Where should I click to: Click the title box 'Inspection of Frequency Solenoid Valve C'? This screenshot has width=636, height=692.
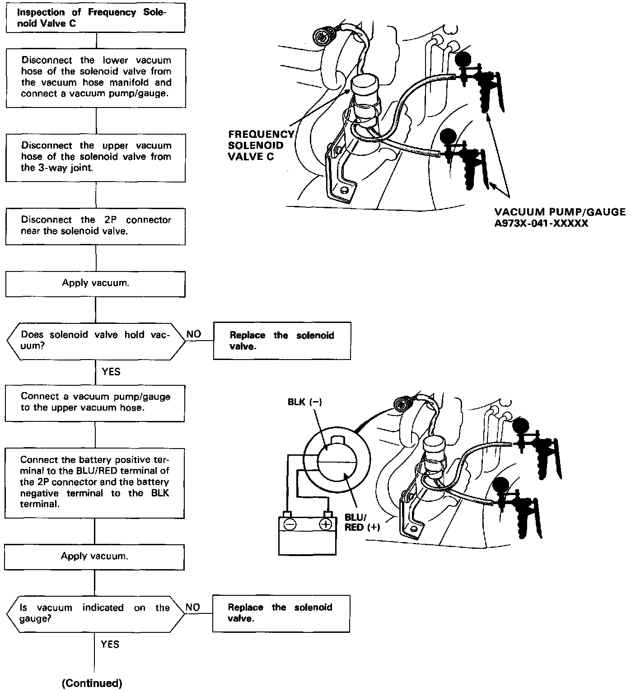(95, 18)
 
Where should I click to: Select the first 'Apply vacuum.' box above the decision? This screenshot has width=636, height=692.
(95, 284)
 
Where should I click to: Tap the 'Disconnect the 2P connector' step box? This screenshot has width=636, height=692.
(95, 226)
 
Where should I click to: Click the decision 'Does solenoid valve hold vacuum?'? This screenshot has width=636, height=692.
(95, 341)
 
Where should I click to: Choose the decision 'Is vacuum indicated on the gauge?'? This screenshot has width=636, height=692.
(95, 613)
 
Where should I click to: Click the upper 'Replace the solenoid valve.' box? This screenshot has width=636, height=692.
(282, 341)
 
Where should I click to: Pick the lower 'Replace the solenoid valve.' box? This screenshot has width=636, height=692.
(281, 613)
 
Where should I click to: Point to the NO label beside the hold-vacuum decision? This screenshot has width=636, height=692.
(194, 335)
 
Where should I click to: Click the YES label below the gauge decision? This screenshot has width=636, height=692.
(110, 644)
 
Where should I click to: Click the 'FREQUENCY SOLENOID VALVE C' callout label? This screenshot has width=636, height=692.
(260, 145)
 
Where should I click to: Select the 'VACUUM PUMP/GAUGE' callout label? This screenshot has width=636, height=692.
(560, 212)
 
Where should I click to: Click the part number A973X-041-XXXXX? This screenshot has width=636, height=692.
(541, 223)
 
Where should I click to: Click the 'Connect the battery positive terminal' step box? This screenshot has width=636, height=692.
(94, 482)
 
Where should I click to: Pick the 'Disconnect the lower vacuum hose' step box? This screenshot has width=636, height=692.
(95, 77)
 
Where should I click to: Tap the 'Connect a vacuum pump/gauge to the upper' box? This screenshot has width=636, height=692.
(95, 402)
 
